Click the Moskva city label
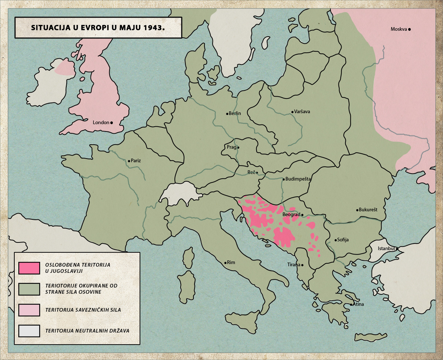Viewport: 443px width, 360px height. [x=399, y=29]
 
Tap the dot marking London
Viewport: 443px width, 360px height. [x=111, y=123]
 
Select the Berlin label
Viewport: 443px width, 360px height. [x=235, y=114]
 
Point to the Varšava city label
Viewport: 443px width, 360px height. [x=302, y=112]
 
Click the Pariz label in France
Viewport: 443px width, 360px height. [x=136, y=161]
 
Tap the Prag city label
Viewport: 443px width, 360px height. [x=231, y=147]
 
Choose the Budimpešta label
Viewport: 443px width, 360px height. [x=298, y=179]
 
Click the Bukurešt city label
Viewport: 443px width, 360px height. [x=368, y=210]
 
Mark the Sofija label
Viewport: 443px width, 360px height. [x=343, y=240]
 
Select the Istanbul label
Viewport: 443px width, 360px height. [x=386, y=249]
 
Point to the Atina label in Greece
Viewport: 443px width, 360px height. [x=358, y=304]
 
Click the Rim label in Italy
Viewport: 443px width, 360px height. [x=231, y=263]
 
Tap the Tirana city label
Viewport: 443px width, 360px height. [x=294, y=265]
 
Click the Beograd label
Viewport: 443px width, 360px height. [x=291, y=215]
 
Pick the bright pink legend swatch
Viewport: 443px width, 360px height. [x=29, y=268]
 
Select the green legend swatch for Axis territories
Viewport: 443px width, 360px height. [x=29, y=289]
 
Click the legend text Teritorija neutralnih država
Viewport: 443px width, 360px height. [x=87, y=331]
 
